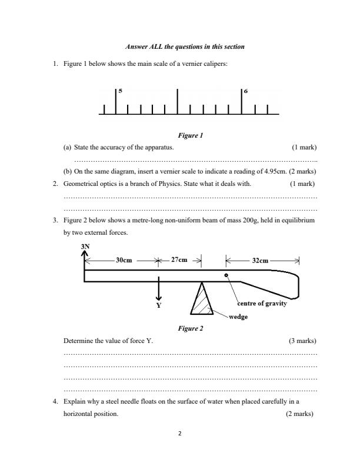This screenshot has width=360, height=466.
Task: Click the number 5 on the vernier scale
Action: coord(120,91)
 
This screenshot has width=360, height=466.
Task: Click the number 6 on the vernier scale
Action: coord(246,92)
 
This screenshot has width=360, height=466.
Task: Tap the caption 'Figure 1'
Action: coord(191,135)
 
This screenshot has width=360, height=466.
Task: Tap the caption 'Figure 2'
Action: coord(191,328)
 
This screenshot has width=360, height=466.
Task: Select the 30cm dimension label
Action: coord(124,259)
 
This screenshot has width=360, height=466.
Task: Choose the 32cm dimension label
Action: coord(262,259)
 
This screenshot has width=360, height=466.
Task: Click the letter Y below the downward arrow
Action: coord(158,307)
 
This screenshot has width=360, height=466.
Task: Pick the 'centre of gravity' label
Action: coord(262,304)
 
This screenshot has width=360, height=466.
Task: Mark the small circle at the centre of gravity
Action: coord(226,275)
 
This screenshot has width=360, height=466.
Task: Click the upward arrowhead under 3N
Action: coord(85,253)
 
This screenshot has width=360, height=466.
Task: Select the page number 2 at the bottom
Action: coord(180,434)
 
